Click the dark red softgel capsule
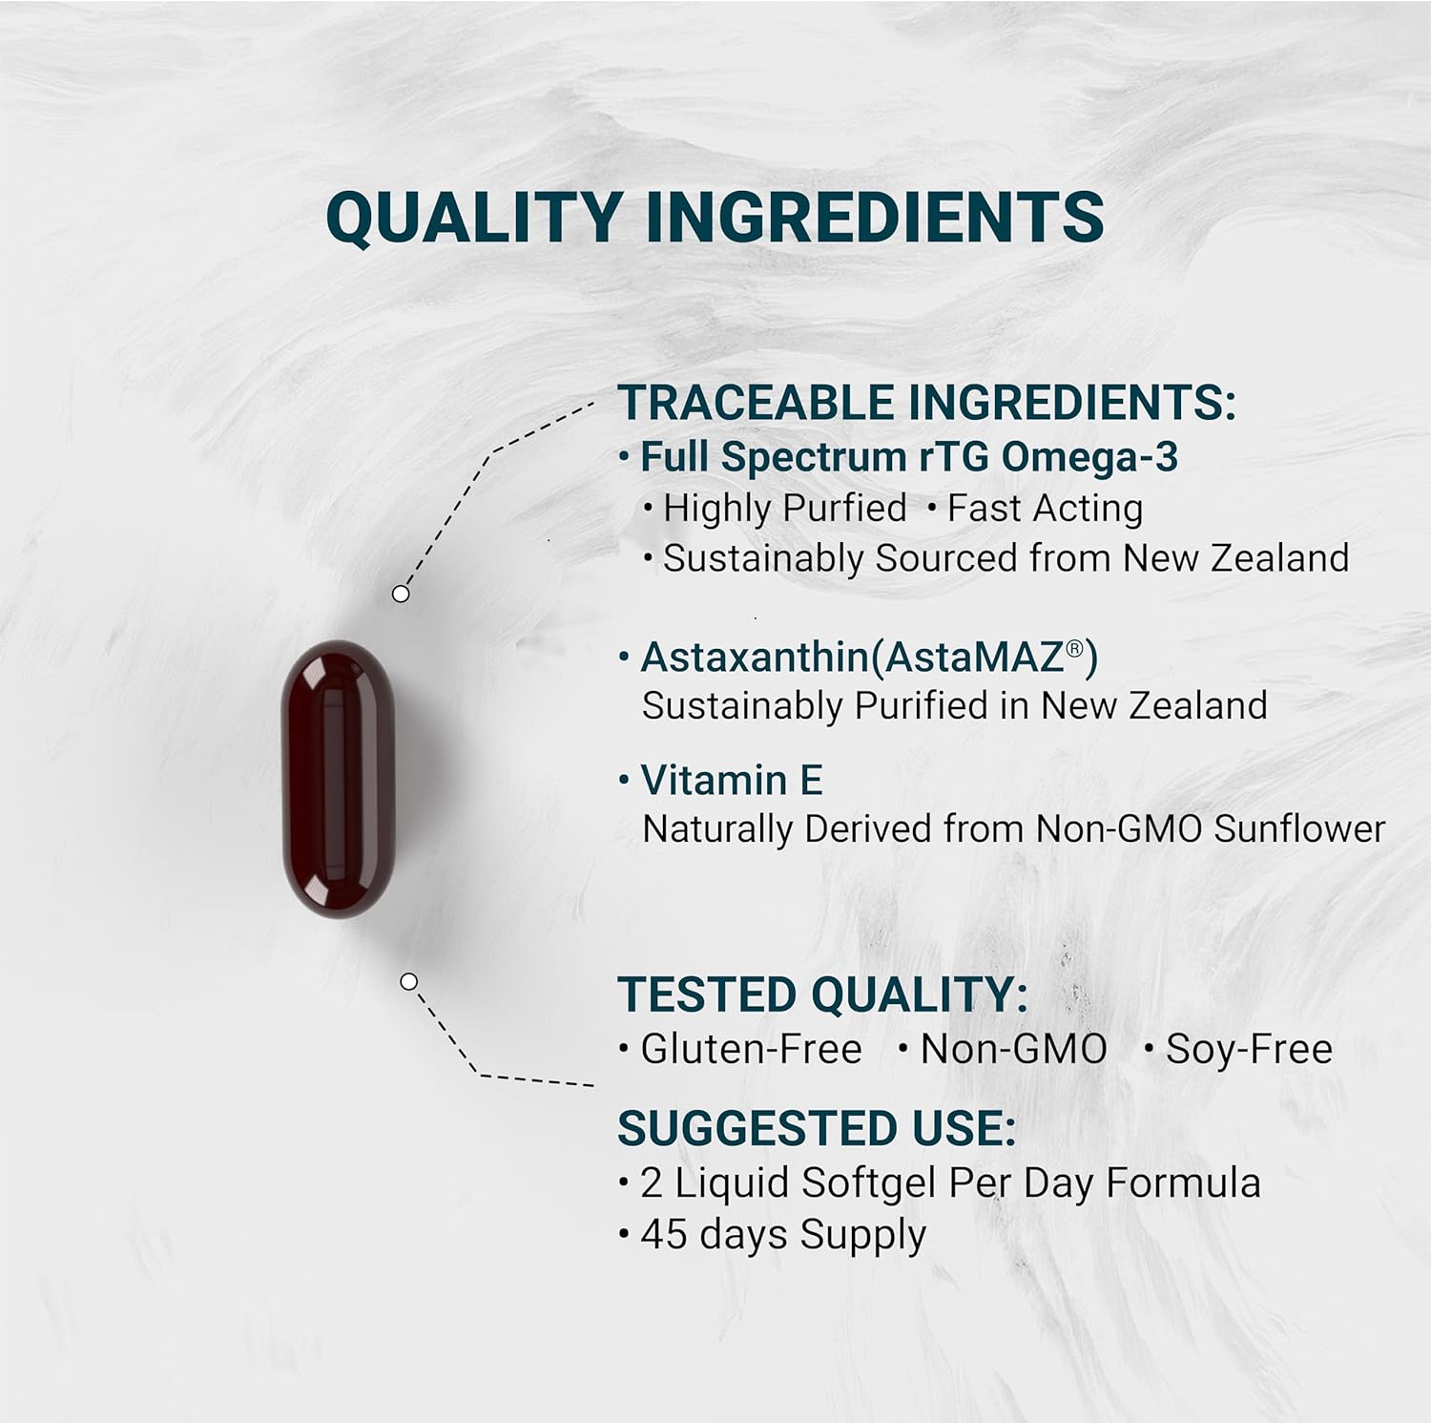pos(339,778)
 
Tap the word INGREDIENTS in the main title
pos(875,217)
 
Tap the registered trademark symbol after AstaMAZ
pos(1075,649)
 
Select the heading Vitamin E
pos(731,781)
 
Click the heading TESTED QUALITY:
pos(822,994)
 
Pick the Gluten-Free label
pos(751,1049)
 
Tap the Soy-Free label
pos(1248,1049)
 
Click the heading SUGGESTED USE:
pos(817,1128)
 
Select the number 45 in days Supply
pos(664,1234)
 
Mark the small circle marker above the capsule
pos(401,594)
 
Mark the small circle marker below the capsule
pos(409,981)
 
